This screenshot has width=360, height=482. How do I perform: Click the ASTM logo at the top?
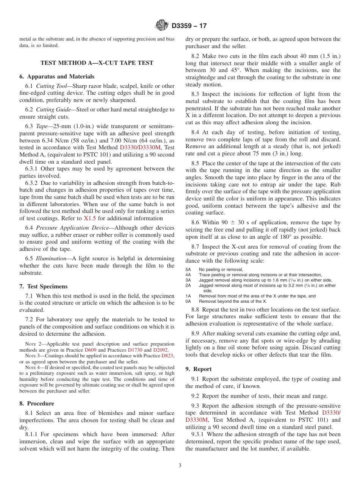162,26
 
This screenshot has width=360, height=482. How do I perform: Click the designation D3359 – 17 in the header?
189,26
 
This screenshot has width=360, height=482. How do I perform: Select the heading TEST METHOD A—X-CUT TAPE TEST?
97,63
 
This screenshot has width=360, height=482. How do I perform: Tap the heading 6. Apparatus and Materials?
57,77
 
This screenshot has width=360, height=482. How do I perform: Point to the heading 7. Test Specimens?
44,286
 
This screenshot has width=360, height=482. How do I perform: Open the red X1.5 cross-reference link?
89,218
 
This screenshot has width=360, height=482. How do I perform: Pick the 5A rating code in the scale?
188,270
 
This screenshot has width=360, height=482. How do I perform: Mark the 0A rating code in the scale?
188,302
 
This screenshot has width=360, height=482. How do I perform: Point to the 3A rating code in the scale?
188,280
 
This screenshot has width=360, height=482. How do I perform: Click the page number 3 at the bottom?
180,466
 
